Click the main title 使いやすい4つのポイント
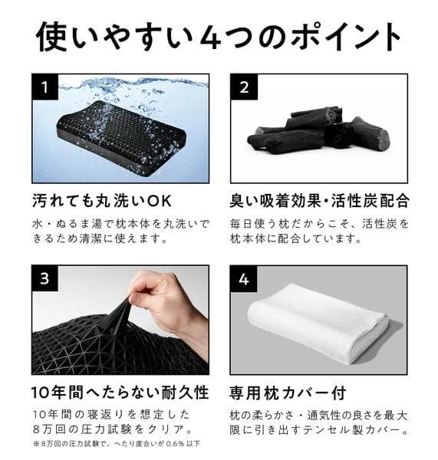[x=219, y=36]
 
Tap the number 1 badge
[x=46, y=87]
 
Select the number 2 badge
[x=244, y=87]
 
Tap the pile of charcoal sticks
[x=318, y=132]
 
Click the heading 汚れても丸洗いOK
[x=103, y=202]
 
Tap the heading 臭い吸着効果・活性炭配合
[x=318, y=202]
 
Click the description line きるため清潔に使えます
[x=100, y=238]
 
